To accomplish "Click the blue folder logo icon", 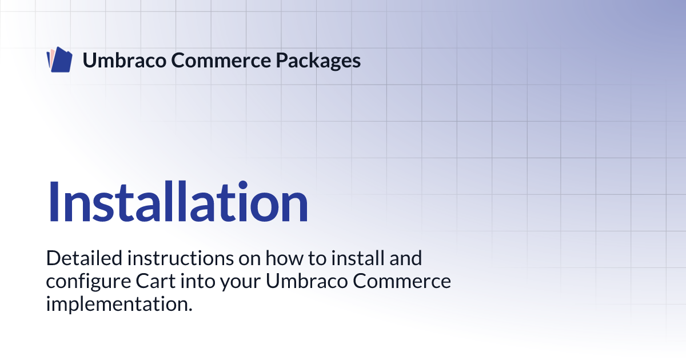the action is point(59,59).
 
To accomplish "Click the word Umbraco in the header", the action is point(125,60).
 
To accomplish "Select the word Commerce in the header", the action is point(221,60).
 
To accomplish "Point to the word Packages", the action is point(318,61).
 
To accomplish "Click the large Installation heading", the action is point(178,201).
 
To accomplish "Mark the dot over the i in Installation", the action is point(243,185).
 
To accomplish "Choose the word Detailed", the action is point(84,258).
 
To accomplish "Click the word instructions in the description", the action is point(181,258).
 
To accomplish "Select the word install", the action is point(358,258).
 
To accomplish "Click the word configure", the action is point(89,282).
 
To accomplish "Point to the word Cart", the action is point(155,281).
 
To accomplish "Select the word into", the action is point(198,281).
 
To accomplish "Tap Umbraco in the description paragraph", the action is point(306,281).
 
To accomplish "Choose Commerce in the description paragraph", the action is point(402,281).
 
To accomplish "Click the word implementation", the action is point(119,304).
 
